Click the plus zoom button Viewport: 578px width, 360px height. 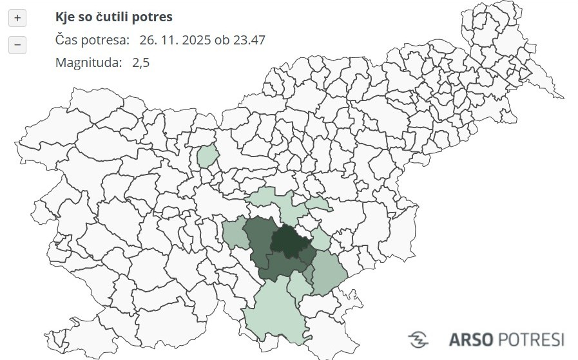tap(17, 18)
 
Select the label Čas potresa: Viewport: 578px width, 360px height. tap(92, 40)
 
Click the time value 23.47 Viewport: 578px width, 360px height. tap(249, 40)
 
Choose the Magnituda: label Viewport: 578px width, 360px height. tap(88, 62)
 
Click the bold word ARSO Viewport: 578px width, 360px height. tap(471, 339)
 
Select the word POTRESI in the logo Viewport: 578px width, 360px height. tap(532, 339)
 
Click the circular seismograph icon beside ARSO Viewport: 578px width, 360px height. tap(419, 339)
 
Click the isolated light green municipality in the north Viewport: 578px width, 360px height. tap(207, 156)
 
